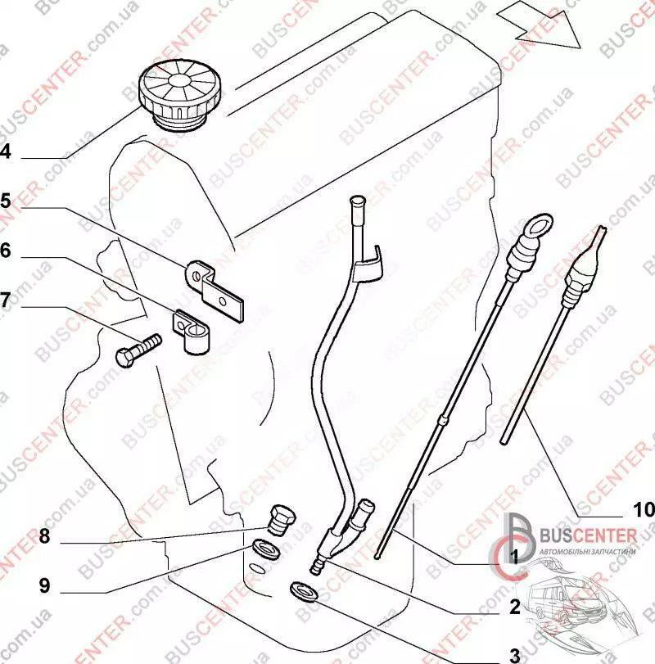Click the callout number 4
coord(6,151)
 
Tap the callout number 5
coord(6,201)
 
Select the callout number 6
coord(6,251)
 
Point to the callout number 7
coord(6,300)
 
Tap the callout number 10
coord(643,509)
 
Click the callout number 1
coord(515,557)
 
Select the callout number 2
coord(515,607)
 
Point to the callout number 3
coord(515,655)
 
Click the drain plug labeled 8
coord(279,518)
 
